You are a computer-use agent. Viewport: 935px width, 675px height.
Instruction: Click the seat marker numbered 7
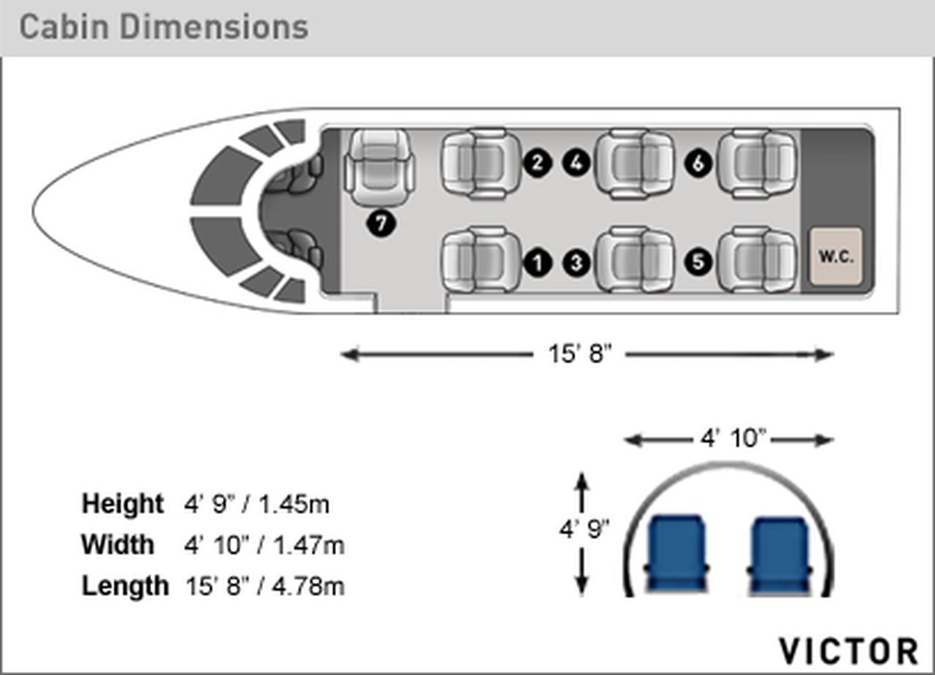[381, 224]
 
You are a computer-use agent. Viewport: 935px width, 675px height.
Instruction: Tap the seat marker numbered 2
[538, 163]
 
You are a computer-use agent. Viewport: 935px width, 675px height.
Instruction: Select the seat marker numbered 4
[576, 163]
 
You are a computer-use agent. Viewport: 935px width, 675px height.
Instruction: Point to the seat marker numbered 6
[698, 163]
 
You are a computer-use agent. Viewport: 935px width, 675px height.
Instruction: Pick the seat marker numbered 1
[538, 262]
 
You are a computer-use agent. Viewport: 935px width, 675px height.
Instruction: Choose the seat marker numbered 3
[576, 262]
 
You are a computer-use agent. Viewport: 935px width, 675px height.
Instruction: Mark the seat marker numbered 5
[698, 262]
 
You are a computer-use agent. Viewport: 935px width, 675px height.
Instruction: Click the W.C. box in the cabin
[836, 256]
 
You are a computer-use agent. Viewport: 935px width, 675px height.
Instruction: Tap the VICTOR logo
[849, 651]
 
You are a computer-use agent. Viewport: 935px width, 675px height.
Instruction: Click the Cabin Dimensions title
[164, 27]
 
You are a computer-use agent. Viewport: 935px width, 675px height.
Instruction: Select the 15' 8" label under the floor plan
[580, 354]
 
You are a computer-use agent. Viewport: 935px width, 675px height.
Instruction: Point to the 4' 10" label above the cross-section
[733, 438]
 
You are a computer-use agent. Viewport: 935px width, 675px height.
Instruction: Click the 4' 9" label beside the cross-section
[584, 529]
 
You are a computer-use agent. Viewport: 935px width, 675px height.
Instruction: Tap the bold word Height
[122, 503]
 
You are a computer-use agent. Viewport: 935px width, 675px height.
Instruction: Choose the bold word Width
[118, 544]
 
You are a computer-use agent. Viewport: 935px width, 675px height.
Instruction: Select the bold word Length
[125, 586]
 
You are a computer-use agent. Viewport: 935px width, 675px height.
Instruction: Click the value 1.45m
[294, 504]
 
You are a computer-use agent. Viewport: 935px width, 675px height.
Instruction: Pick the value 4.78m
[308, 586]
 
